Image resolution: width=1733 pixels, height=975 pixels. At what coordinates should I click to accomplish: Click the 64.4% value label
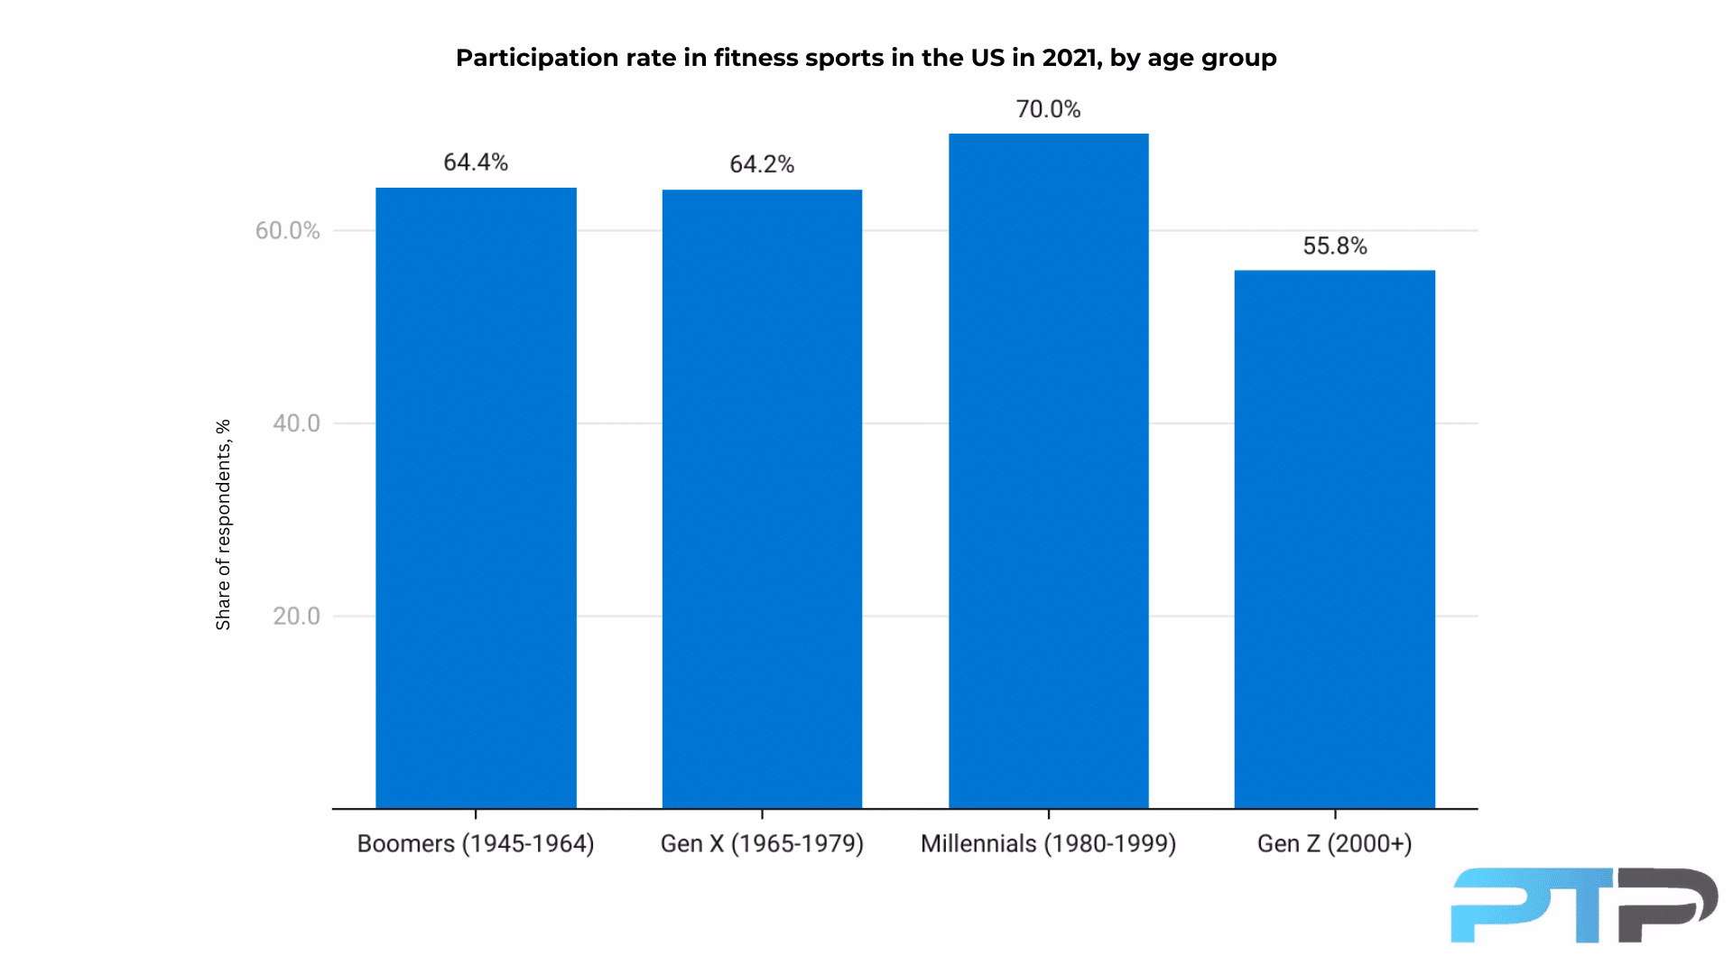click(476, 162)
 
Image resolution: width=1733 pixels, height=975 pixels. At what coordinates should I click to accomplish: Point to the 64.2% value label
click(762, 164)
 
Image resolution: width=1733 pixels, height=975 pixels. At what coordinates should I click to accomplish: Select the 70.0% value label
click(1048, 109)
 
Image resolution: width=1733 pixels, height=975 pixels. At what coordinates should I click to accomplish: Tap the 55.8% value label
click(1334, 246)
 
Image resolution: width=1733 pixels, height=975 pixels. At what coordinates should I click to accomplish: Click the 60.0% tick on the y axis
click(287, 231)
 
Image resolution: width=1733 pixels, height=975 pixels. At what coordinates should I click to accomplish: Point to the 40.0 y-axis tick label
click(296, 423)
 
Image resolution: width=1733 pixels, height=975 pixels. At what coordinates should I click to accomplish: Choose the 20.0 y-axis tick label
click(296, 617)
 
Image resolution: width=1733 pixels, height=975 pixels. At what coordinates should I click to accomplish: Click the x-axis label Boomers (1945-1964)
click(476, 844)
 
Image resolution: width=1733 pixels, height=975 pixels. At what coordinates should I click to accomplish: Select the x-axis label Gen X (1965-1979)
click(762, 844)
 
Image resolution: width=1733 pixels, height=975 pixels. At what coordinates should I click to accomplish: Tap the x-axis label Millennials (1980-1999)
click(1048, 844)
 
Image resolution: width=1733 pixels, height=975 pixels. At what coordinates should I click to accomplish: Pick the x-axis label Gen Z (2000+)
click(1334, 844)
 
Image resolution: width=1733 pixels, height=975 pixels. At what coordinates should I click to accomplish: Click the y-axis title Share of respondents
click(223, 525)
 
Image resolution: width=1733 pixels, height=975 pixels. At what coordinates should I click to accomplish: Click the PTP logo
click(1583, 905)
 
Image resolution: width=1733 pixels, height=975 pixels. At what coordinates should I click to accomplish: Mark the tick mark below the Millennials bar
click(1048, 814)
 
